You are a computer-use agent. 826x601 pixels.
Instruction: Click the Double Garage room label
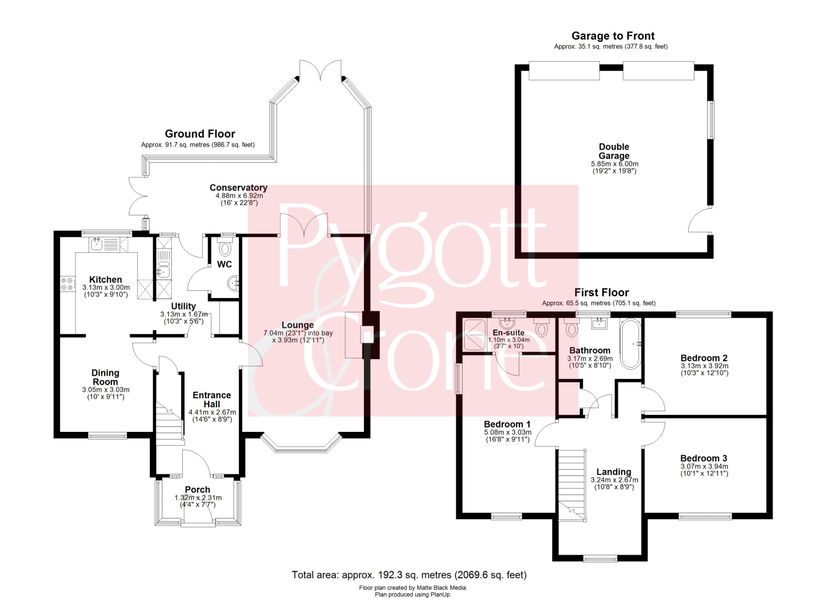tap(614, 151)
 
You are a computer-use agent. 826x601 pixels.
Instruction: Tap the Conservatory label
tap(238, 188)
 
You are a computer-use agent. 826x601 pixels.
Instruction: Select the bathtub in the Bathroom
tap(631, 344)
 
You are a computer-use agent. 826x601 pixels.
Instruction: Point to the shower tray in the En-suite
tap(475, 334)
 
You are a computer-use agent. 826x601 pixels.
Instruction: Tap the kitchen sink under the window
tap(97, 244)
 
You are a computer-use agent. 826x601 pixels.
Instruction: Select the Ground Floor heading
tap(200, 133)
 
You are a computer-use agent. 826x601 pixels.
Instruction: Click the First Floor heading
tap(601, 293)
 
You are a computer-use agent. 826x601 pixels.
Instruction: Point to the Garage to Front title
tap(613, 36)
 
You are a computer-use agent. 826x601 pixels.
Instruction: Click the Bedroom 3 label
tap(704, 458)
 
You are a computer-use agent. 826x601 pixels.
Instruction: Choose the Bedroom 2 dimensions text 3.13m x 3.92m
tap(704, 366)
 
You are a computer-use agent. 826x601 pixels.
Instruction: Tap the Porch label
tap(197, 490)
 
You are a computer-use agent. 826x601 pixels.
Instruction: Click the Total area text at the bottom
tap(409, 575)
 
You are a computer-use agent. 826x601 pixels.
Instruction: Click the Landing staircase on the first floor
tap(572, 485)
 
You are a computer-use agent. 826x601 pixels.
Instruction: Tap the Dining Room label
tap(105, 377)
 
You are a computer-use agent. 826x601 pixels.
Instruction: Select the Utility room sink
tap(164, 272)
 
